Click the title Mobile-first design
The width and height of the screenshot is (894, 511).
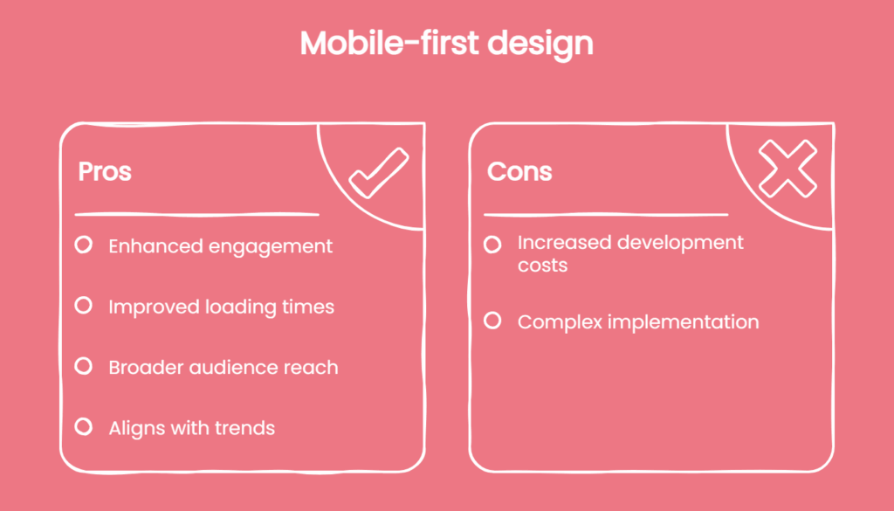(446, 44)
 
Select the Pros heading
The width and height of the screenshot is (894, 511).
(105, 171)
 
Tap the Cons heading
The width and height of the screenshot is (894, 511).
(519, 171)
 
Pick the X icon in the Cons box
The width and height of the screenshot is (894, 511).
(787, 169)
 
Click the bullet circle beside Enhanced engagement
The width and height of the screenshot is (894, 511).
(84, 245)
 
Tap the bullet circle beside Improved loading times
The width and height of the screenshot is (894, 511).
(84, 306)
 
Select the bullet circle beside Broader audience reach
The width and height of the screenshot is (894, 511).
(84, 366)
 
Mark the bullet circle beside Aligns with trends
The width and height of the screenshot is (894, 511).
(84, 426)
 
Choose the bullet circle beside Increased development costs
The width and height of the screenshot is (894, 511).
(492, 244)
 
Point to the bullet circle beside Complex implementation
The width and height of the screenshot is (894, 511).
(492, 321)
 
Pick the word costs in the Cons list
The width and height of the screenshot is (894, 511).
(542, 265)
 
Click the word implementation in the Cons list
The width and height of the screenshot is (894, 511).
(684, 322)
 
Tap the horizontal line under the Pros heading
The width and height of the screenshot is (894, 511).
(196, 214)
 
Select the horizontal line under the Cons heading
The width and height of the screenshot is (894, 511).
(606, 214)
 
